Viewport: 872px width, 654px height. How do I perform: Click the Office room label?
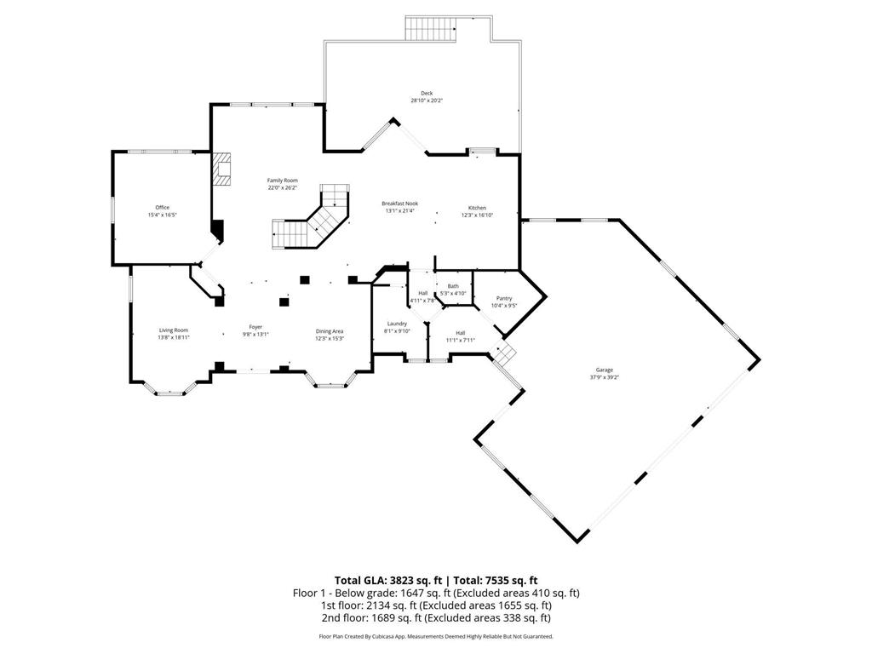pyautogui.click(x=162, y=207)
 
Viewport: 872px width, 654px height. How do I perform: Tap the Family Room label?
pyautogui.click(x=282, y=181)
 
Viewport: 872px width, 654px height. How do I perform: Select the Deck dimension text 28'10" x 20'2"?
pyautogui.click(x=427, y=100)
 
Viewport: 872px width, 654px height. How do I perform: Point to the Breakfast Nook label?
pyautogui.click(x=399, y=204)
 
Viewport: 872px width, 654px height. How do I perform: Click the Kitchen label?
pyautogui.click(x=477, y=208)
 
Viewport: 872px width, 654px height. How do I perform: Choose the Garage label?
pyautogui.click(x=605, y=370)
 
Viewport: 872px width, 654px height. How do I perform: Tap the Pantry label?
pyautogui.click(x=504, y=298)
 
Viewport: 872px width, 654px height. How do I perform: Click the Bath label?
pyautogui.click(x=453, y=286)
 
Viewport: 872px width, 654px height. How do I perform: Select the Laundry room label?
pyautogui.click(x=397, y=324)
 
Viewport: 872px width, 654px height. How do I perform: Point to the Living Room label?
pyautogui.click(x=173, y=330)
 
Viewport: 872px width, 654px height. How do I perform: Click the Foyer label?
pyautogui.click(x=255, y=327)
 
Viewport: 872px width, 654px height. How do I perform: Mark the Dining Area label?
pyautogui.click(x=330, y=331)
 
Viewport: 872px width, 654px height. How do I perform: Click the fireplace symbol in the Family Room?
pyautogui.click(x=223, y=169)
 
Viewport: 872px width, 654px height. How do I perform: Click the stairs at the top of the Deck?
pyautogui.click(x=432, y=28)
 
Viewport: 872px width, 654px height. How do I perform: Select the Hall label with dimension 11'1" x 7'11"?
pyautogui.click(x=460, y=333)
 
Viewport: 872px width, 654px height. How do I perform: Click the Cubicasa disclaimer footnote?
pyautogui.click(x=435, y=636)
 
